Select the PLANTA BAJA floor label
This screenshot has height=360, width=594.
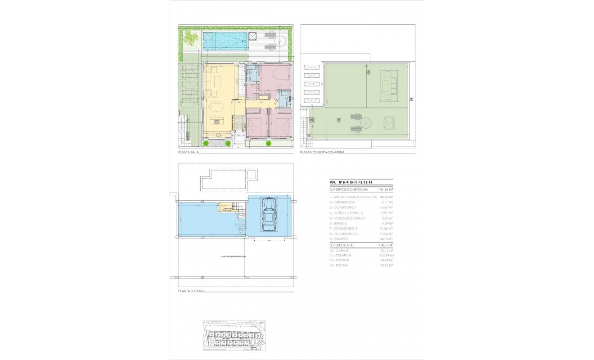(188, 153)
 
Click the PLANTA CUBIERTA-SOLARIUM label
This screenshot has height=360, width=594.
(322, 153)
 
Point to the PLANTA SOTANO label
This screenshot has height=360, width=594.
(191, 291)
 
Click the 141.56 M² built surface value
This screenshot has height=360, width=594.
(386, 190)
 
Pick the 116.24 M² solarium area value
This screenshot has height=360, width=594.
(386, 255)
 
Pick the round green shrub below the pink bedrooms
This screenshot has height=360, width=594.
(269, 144)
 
